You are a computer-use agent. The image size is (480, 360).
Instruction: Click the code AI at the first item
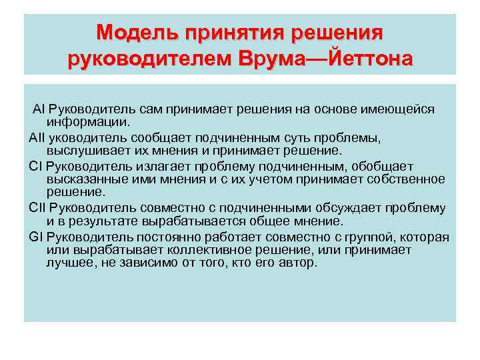tap(38, 109)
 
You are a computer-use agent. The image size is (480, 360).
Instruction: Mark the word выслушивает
tap(85, 151)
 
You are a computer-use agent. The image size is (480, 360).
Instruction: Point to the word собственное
tap(406, 179)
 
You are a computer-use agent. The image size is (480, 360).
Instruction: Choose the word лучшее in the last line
tap(70, 263)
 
